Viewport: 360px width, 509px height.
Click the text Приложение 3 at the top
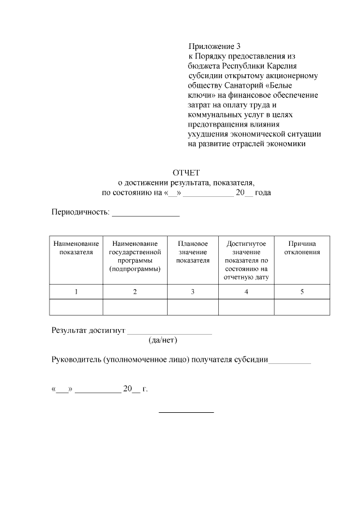pos(214,47)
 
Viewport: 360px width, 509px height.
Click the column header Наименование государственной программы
pos(134,256)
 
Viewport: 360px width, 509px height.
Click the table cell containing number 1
pos(76,291)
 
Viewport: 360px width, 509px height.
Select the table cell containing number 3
pos(192,291)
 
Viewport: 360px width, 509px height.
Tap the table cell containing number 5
pos(302,291)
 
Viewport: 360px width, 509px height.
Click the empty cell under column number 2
pos(134,307)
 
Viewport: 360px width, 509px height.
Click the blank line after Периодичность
pos(146,215)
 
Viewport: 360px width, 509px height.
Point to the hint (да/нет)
pos(163,341)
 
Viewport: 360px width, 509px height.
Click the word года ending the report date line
pos(263,192)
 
